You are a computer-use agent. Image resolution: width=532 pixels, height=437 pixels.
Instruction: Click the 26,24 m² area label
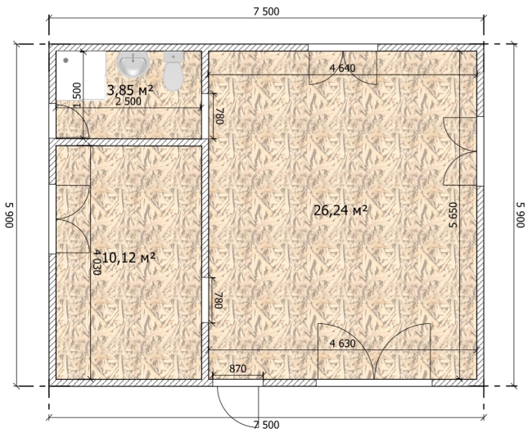coord(340,210)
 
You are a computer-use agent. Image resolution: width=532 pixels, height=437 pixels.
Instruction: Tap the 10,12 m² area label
coord(128,258)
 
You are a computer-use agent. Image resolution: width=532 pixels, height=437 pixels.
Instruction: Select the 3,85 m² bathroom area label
coord(130,90)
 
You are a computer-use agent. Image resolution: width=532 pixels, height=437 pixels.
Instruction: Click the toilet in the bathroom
coord(174,70)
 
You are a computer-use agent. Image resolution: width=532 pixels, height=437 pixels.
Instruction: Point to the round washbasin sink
coord(133,64)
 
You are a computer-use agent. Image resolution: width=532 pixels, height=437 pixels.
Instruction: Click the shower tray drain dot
coord(65,60)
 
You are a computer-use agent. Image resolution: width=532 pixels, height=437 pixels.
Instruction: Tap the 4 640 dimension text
coord(343,68)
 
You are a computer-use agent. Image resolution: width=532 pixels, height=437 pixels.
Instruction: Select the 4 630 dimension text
coord(343,344)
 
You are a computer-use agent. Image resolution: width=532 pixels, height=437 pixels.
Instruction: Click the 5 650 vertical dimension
coord(453,214)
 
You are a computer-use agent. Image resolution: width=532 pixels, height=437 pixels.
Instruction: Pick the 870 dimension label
coord(237,368)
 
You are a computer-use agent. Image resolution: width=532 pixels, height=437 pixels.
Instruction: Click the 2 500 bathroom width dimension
coord(128,101)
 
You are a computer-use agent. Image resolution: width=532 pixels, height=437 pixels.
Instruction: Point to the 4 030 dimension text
coord(97,262)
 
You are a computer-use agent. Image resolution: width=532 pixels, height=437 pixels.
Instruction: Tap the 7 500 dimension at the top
coord(266,12)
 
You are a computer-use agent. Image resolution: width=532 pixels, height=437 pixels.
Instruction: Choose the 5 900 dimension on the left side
coord(9,214)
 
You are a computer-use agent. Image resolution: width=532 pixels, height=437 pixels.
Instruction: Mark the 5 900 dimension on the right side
coord(521,214)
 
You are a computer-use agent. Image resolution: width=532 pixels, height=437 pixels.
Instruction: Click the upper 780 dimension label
coord(219,116)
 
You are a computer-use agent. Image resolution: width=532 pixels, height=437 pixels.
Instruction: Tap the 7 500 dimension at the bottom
coord(266,425)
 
